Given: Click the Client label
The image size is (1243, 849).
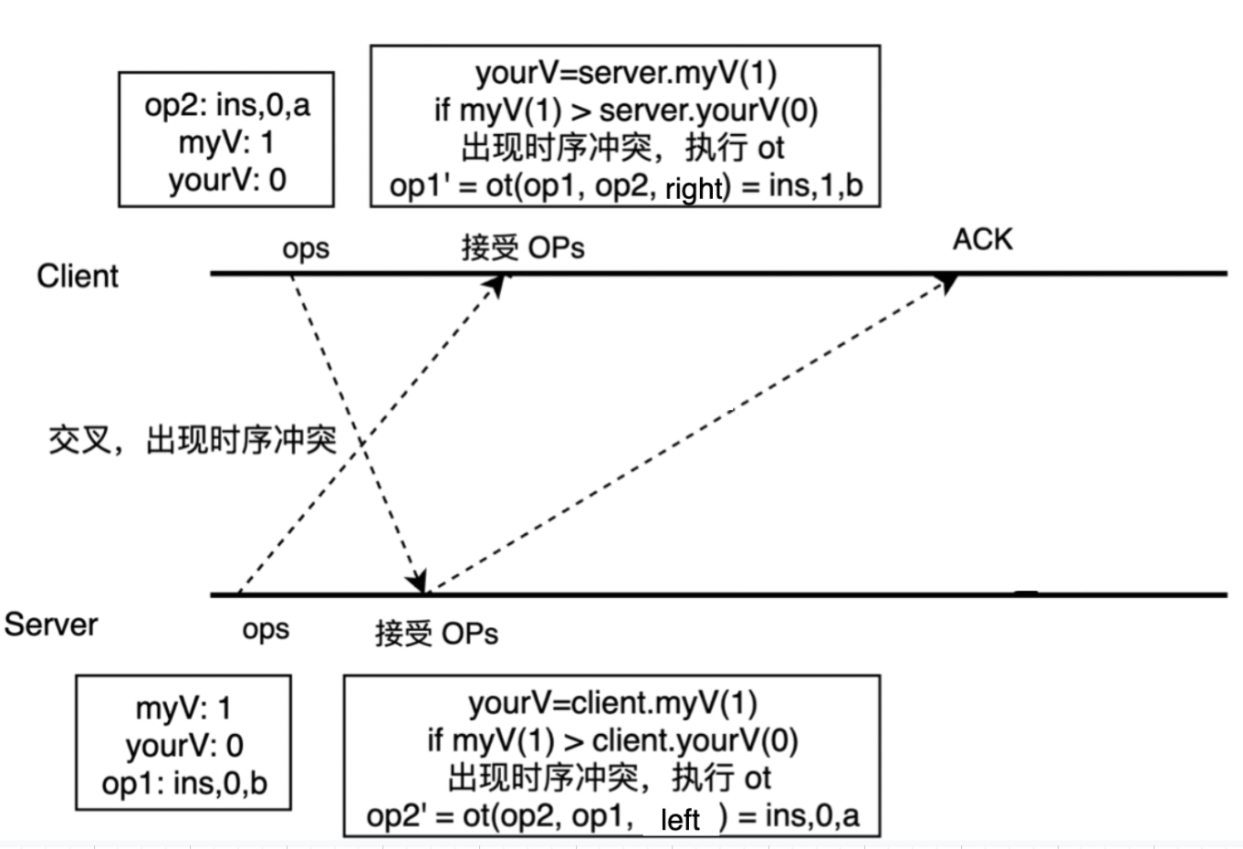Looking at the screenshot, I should [78, 276].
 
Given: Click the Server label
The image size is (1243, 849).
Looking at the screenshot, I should [51, 625].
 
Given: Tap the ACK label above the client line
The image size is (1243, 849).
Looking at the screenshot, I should [982, 239].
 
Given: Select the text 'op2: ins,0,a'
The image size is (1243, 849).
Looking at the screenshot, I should [226, 105].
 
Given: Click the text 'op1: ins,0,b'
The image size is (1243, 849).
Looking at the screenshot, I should [184, 783].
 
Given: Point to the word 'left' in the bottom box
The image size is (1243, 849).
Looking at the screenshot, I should [680, 819].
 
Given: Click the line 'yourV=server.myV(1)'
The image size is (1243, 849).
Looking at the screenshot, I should [625, 72].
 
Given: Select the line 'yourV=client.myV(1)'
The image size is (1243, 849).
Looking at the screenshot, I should [612, 703].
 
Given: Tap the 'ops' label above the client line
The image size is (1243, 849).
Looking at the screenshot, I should [305, 248].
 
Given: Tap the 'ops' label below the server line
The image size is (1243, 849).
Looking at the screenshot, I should [266, 629].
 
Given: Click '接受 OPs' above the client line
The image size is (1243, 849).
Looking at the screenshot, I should [522, 247].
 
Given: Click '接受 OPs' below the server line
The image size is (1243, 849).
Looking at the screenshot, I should [436, 634].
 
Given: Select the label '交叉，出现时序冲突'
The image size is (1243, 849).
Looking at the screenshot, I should [192, 441].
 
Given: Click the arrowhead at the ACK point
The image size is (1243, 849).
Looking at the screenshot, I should [948, 281].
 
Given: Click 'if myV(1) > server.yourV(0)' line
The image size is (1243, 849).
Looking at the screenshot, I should [625, 110].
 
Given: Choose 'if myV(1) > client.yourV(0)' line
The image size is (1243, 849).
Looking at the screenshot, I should [612, 740].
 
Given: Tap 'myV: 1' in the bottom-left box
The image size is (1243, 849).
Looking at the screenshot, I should [183, 707].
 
